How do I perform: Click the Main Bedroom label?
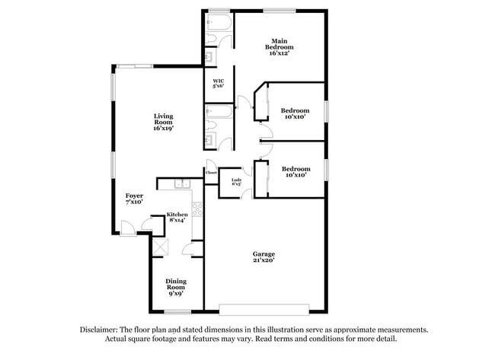[279, 46]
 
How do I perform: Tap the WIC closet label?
[217, 84]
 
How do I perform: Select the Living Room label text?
[163, 123]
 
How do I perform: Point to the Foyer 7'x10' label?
[134, 199]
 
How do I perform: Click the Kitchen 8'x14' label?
[177, 217]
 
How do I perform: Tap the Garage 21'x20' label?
[263, 256]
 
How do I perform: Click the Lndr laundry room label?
[236, 181]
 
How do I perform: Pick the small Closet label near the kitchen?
[211, 173]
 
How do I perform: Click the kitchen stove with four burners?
[196, 208]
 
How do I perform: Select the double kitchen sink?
[183, 183]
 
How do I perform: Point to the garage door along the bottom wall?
[263, 310]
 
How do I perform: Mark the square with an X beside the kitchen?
[160, 246]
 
